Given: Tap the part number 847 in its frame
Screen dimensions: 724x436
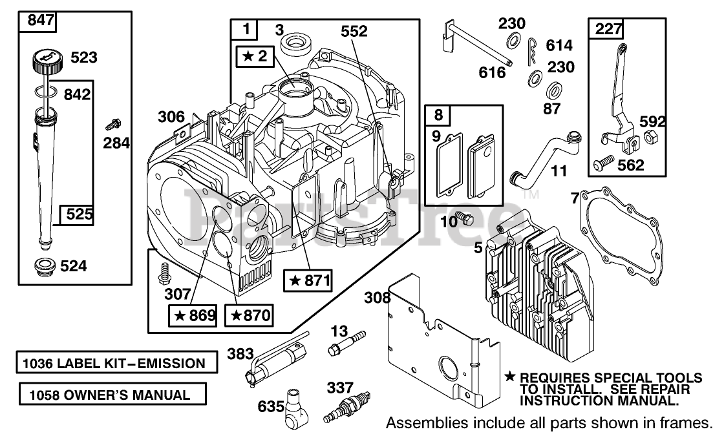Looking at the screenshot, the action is pos(41,21).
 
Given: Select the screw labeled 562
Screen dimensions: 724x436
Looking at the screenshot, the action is pos(604,161).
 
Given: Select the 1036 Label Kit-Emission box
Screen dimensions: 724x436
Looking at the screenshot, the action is pos(117,362).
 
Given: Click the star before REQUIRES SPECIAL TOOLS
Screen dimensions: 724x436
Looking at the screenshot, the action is pos(510,377).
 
